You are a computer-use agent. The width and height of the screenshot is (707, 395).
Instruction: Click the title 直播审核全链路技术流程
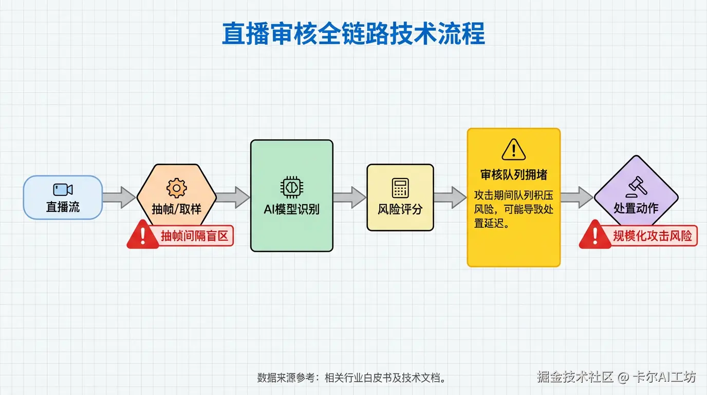point(353,34)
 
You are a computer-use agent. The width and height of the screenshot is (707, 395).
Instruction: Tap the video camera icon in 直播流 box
point(63,189)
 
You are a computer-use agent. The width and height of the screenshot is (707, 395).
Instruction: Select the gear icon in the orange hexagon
point(176,188)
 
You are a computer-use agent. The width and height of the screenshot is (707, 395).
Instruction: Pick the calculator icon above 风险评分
point(400,188)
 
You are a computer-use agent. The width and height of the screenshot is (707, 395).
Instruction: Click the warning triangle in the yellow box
point(513,149)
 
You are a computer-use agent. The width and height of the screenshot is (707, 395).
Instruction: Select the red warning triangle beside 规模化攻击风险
point(594,236)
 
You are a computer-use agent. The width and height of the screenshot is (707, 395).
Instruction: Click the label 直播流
point(63,207)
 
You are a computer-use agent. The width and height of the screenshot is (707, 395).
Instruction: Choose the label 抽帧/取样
point(176,209)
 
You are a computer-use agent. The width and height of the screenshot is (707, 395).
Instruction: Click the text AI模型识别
point(291,209)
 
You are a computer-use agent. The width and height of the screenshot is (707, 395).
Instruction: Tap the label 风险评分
point(400,210)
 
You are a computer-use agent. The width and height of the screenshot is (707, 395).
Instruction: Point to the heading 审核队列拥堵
point(513,175)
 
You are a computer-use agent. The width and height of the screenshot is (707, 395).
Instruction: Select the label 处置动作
point(636,208)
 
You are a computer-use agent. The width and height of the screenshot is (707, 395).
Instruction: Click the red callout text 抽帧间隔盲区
point(195,236)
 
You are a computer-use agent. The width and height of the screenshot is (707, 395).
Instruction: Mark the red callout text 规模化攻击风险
point(653,236)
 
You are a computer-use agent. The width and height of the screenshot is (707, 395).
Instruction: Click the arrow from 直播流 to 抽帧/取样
point(119,198)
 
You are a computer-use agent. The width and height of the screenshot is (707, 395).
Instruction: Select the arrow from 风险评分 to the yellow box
point(450,198)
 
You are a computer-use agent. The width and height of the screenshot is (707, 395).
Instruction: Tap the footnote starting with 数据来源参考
point(351,378)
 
